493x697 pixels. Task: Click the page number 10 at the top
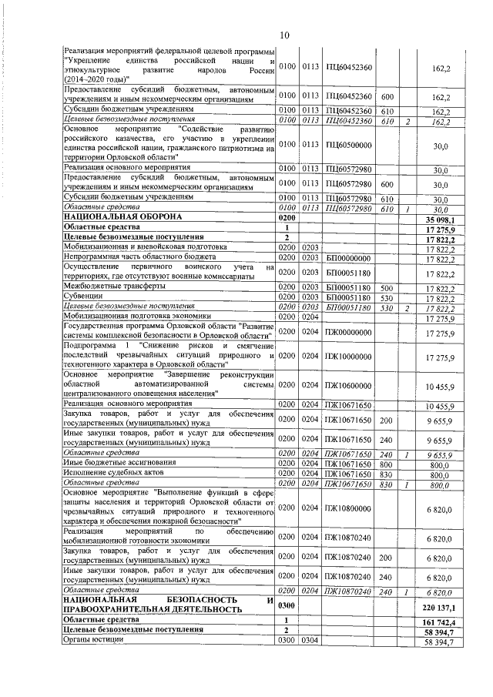pos(283,35)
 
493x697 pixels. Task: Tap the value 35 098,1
pos(436,219)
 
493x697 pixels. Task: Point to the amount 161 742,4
pos(434,621)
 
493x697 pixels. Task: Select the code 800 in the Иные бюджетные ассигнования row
pos(387,463)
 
